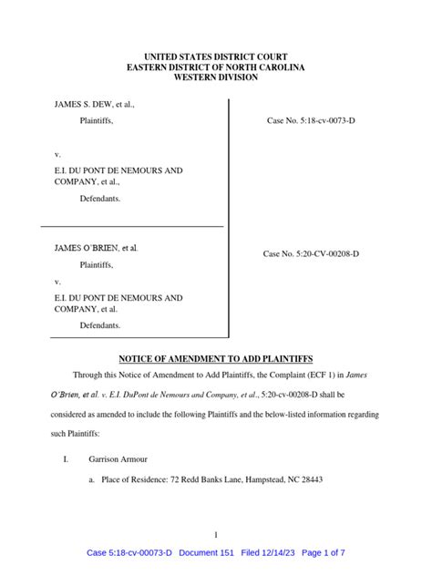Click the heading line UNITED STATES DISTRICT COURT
pyautogui.click(x=215, y=57)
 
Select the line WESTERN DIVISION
pyautogui.click(x=215, y=78)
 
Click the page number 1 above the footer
pyautogui.click(x=215, y=535)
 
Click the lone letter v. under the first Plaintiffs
pyautogui.click(x=57, y=155)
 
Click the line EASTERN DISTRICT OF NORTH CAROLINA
pyautogui.click(x=215, y=68)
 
